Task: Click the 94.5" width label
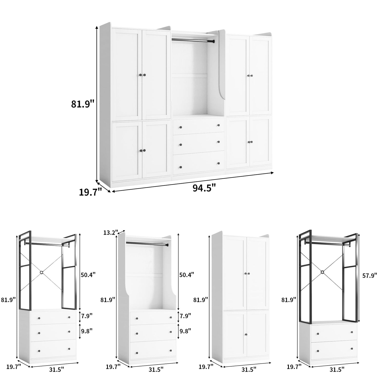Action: coord(204,188)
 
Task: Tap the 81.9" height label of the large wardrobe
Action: coord(82,104)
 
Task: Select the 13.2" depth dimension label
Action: coord(111,232)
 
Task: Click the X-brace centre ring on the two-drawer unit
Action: coord(322,272)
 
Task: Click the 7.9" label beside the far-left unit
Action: coord(87,315)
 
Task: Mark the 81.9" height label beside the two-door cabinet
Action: coord(201,300)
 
